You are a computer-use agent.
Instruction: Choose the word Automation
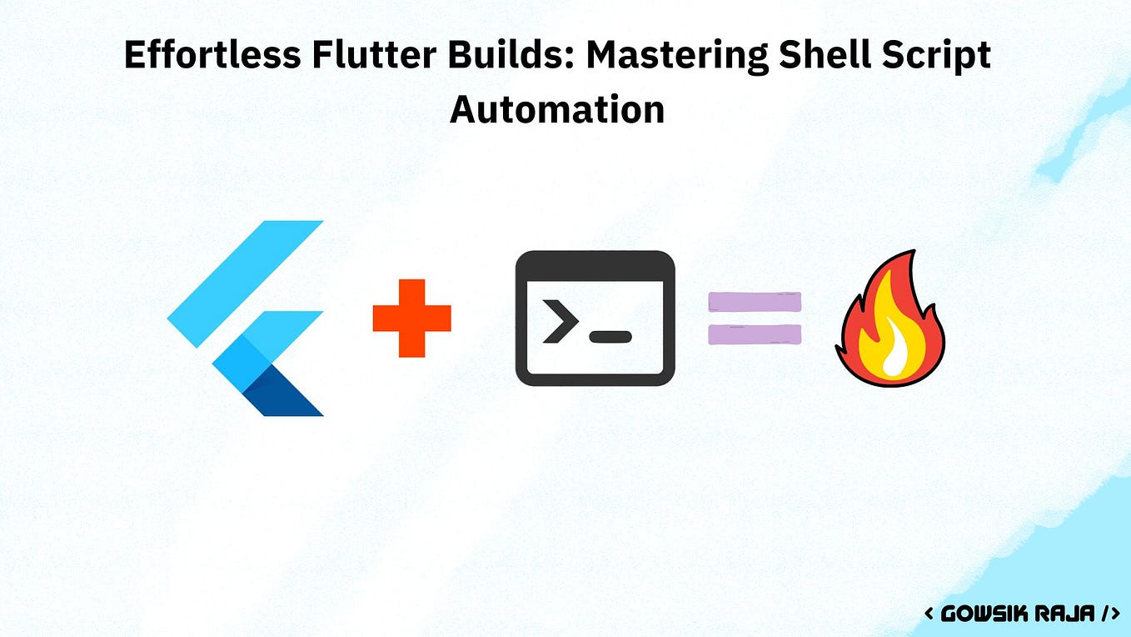tap(557, 109)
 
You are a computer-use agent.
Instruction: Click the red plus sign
tap(411, 318)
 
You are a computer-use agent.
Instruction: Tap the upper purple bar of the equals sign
tap(755, 301)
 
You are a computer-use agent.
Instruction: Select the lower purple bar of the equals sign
tap(755, 334)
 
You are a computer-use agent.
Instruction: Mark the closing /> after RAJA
tap(1111, 614)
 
